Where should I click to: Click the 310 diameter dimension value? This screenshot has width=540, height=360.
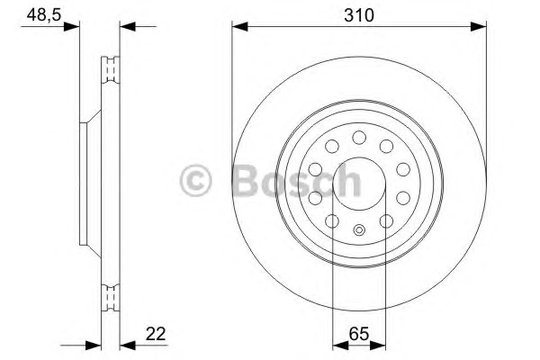pos(358,15)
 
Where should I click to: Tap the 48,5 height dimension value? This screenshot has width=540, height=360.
pos(44,14)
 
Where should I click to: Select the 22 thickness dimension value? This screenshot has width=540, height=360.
pos(156,334)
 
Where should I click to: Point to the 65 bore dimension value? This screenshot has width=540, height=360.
pos(359,334)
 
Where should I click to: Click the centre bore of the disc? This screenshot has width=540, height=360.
pos(359,184)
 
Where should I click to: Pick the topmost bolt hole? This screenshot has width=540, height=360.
pos(359,138)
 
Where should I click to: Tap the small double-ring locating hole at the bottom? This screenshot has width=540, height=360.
pos(359,229)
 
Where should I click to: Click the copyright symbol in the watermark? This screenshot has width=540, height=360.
pos(195,181)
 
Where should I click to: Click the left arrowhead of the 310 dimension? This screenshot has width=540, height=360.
pos(239,26)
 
